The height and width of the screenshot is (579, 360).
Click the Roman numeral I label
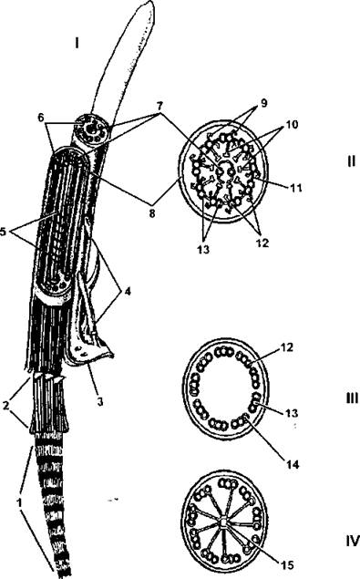77,44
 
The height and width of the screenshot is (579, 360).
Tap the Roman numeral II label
351,161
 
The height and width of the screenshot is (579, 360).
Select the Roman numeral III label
352,398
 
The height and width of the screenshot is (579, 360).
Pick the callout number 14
292,464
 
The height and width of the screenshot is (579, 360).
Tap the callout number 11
296,188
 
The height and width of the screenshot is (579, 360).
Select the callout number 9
263,103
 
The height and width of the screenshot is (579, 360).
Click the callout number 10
292,125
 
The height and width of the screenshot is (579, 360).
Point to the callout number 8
152,213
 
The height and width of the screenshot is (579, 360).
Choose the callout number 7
159,107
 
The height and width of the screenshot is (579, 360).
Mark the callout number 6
41,118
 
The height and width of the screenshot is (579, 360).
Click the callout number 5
5,233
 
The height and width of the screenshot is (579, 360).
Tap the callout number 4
128,292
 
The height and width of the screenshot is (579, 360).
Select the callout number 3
99,401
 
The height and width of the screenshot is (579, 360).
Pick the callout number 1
19,501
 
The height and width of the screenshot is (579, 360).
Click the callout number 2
5,406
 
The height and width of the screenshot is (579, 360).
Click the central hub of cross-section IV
223,522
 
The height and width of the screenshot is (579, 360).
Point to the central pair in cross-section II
226,171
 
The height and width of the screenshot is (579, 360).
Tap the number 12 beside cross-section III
287,347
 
